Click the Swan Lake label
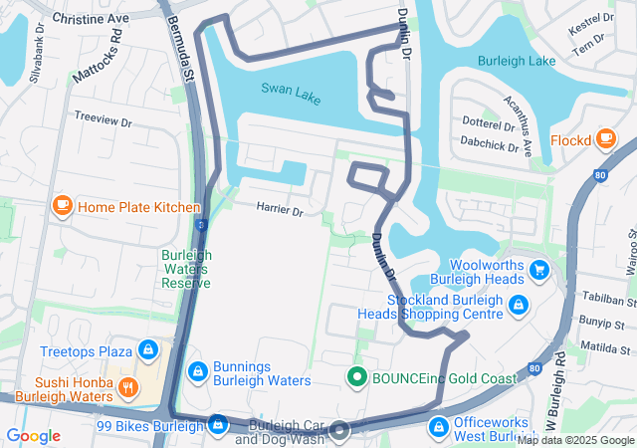[292, 89]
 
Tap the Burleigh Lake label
[517, 61]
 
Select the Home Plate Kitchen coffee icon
[63, 206]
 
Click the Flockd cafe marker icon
[606, 140]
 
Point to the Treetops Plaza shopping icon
[148, 350]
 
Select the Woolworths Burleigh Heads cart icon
[539, 270]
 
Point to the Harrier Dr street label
[279, 210]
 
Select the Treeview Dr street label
[103, 119]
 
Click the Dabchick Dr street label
[491, 145]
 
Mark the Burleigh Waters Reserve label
[186, 268]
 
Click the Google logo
[33, 435]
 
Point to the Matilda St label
[605, 348]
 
